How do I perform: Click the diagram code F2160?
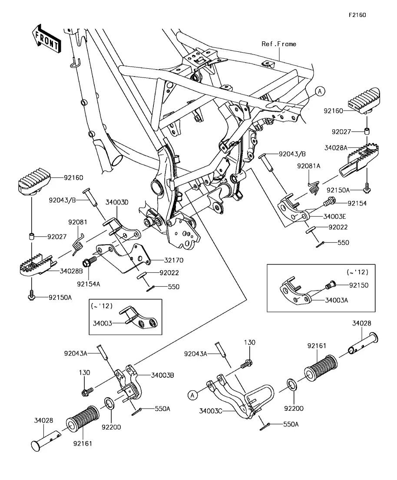point(357,15)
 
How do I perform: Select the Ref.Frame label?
point(279,44)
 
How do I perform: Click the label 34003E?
point(335,216)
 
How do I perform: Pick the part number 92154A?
point(89,284)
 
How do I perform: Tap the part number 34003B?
point(163,375)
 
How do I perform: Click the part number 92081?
point(78,222)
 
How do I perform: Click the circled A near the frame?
point(319,91)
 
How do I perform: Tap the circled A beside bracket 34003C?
point(191,395)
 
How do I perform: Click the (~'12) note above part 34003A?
point(357,272)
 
